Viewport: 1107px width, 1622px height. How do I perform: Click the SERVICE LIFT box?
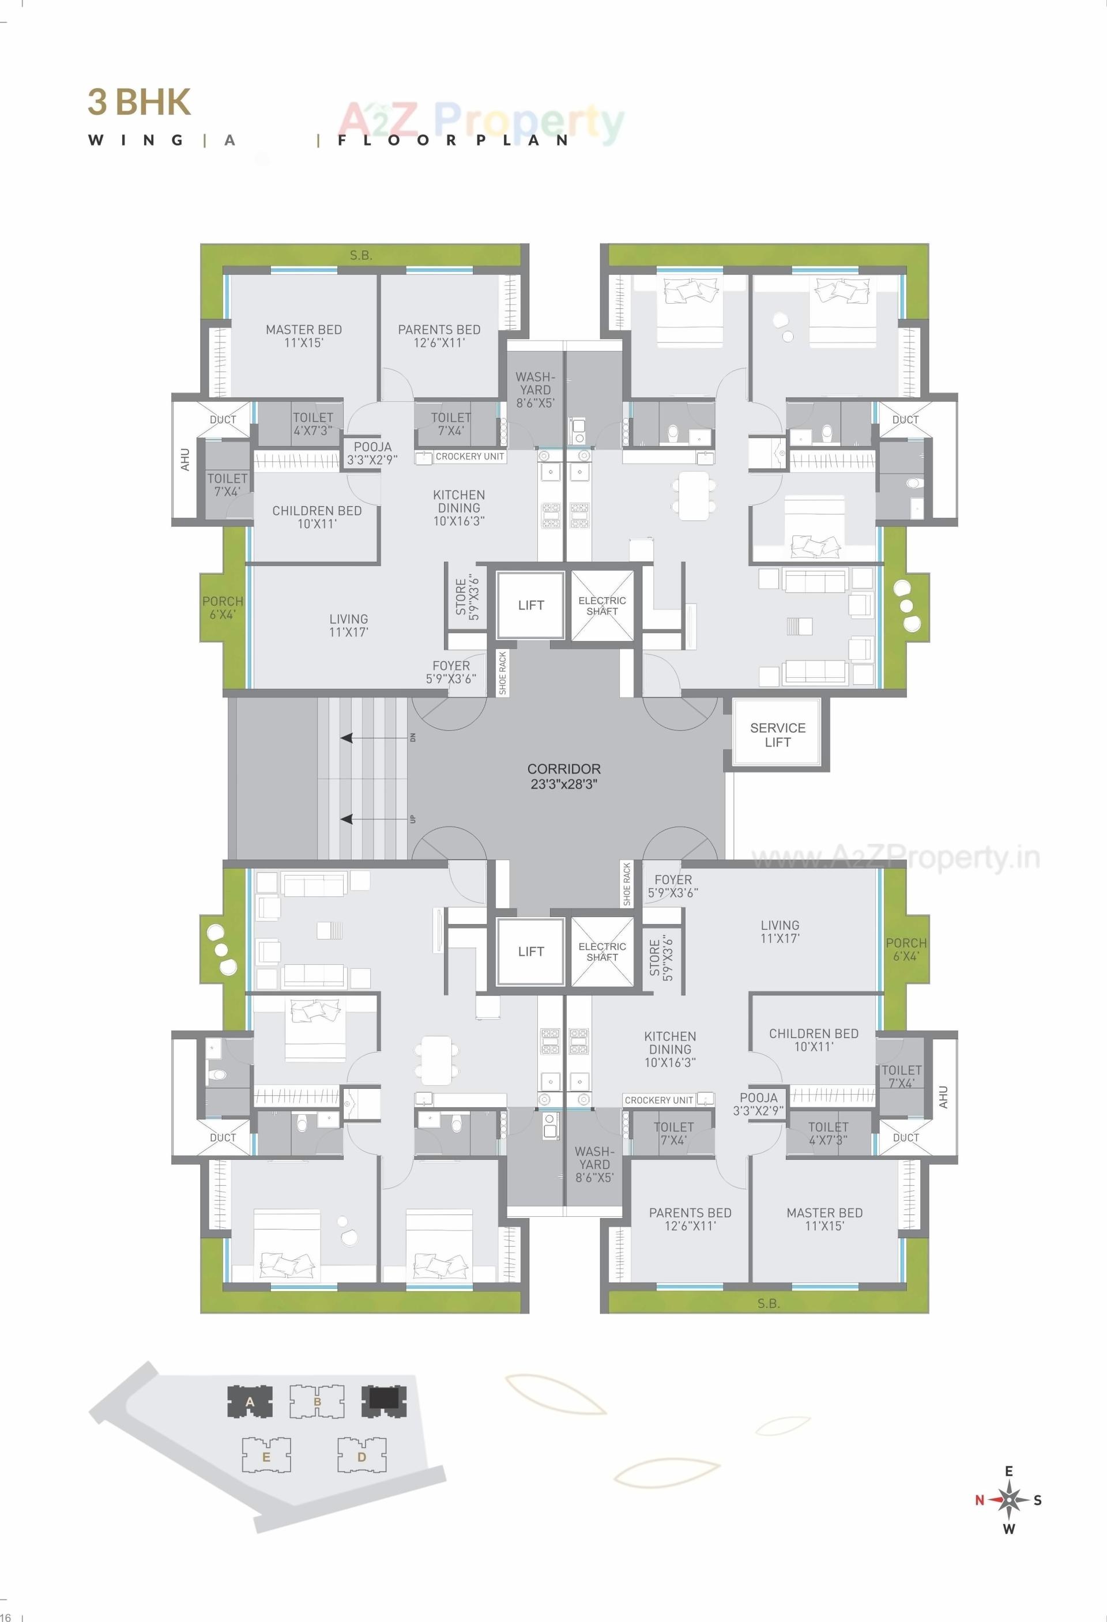(x=778, y=735)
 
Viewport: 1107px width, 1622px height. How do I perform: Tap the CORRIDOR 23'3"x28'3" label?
(x=564, y=776)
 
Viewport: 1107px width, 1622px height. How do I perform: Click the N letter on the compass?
(x=979, y=1500)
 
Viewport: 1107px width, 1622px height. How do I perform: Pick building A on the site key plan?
(x=250, y=1401)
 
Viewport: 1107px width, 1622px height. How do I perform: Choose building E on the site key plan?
(x=266, y=1457)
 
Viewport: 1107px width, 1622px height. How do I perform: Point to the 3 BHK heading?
(x=139, y=102)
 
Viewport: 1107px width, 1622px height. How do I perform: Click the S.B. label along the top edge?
(x=361, y=255)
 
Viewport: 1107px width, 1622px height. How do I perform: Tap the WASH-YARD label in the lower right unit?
(x=594, y=1164)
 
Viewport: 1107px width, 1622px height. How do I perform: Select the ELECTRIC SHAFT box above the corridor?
(x=602, y=605)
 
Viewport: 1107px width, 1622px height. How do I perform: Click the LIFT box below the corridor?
(x=530, y=951)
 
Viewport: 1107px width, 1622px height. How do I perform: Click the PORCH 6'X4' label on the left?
(x=223, y=607)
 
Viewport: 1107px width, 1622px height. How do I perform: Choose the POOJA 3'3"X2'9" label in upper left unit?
(x=372, y=453)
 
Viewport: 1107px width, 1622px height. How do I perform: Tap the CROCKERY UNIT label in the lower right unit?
(x=659, y=1100)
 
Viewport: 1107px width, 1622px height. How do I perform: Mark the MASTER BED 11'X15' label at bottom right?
(x=824, y=1219)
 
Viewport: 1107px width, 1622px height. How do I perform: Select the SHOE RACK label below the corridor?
(x=626, y=884)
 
